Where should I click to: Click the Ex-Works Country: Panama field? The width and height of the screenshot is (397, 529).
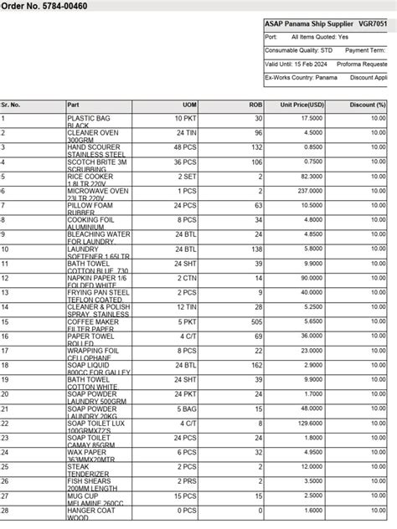click(301, 78)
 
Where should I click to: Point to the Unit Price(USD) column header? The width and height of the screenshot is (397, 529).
click(302, 105)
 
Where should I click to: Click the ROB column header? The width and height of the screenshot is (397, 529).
click(255, 105)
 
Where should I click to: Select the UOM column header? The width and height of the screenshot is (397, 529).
click(190, 105)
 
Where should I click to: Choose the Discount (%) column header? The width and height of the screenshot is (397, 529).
click(369, 105)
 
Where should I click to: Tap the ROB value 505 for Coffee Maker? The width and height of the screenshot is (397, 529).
click(256, 321)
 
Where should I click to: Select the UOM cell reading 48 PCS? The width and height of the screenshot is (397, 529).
click(185, 147)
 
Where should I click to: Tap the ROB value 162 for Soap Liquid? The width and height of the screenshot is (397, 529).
click(256, 365)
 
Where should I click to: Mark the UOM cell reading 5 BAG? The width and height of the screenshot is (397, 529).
click(187, 408)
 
